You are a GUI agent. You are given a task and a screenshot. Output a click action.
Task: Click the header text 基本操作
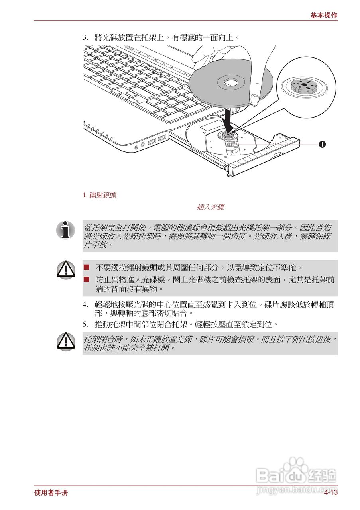tap(324, 16)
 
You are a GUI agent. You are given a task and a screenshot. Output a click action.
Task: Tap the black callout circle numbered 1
tap(322, 144)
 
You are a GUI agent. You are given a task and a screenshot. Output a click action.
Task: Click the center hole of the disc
tap(230, 83)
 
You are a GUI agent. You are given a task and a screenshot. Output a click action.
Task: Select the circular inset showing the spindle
tap(306, 87)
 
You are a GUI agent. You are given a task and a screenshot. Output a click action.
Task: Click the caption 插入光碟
tap(210, 207)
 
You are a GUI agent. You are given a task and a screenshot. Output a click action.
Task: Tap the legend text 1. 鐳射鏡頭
tap(100, 195)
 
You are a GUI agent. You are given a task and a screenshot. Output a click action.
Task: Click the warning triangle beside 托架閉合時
tap(66, 341)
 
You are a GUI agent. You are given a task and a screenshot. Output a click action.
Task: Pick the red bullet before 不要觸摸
tap(87, 267)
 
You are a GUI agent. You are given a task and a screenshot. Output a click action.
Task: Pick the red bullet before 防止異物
tap(87, 280)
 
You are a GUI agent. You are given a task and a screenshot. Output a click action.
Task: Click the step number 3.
tap(85, 38)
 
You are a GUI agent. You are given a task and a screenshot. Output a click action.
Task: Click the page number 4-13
tap(330, 493)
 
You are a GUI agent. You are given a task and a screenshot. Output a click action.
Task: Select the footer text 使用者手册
tap(51, 493)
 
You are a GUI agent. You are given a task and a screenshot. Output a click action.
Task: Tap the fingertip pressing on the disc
tap(254, 99)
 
